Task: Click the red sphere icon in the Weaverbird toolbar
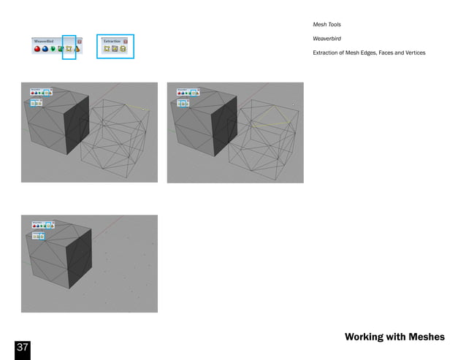pyautogui.click(x=37, y=50)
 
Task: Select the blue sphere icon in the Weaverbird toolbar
pyautogui.click(x=45, y=50)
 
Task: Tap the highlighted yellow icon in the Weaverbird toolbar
pyautogui.click(x=69, y=50)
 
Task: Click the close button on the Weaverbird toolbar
pyautogui.click(x=79, y=42)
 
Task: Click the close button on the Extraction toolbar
pyautogui.click(x=125, y=42)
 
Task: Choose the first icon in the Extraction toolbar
pyautogui.click(x=107, y=50)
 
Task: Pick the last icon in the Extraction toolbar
pyautogui.click(x=123, y=50)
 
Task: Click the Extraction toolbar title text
pyautogui.click(x=112, y=42)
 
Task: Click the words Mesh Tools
pyautogui.click(x=326, y=25)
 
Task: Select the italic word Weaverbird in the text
pyautogui.click(x=326, y=39)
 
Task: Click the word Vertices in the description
pyautogui.click(x=413, y=53)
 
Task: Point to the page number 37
pyautogui.click(x=22, y=348)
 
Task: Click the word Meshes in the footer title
pyautogui.click(x=427, y=337)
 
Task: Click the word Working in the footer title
pyautogui.click(x=364, y=337)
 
